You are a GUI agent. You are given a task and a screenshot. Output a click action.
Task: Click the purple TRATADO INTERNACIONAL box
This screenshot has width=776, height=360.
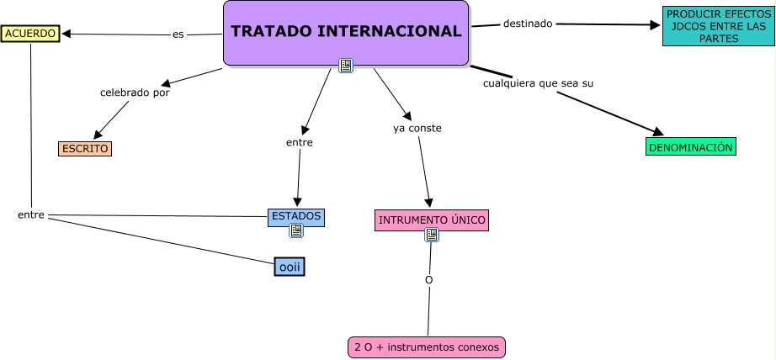click(346, 32)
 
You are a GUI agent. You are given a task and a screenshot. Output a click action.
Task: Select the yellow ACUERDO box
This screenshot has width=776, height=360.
click(30, 34)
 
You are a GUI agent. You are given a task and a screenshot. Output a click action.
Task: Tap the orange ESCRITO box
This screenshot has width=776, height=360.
click(85, 149)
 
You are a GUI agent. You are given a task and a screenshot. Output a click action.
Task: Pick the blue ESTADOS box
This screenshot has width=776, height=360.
click(296, 216)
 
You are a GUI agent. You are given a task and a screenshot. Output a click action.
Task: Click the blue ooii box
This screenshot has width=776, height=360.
click(290, 267)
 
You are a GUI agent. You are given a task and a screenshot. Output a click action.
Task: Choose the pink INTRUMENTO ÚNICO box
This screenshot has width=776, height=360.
click(432, 220)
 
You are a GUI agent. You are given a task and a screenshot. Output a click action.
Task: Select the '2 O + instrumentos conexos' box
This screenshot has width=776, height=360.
click(428, 347)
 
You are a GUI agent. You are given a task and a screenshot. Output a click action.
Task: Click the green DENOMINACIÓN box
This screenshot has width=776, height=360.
click(691, 147)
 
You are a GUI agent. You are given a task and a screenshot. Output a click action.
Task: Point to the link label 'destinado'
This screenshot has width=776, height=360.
click(528, 24)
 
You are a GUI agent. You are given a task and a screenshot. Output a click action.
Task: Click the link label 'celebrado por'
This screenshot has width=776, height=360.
click(135, 93)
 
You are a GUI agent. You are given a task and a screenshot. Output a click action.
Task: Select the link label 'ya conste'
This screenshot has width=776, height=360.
click(417, 129)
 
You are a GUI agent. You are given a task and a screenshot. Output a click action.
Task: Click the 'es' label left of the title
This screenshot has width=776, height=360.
click(178, 34)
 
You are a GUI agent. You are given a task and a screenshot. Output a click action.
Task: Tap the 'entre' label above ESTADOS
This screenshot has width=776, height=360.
click(300, 143)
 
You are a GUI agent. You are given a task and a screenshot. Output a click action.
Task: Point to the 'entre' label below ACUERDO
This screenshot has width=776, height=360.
click(30, 215)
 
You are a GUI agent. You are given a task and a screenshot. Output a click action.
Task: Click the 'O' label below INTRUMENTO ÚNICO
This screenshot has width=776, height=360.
click(428, 279)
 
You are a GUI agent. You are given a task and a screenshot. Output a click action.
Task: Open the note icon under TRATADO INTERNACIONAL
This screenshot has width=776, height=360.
click(345, 66)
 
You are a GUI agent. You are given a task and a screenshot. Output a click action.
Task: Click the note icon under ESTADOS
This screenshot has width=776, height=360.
click(296, 230)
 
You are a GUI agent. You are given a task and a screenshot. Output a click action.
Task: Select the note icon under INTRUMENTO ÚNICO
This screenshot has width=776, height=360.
click(432, 235)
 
